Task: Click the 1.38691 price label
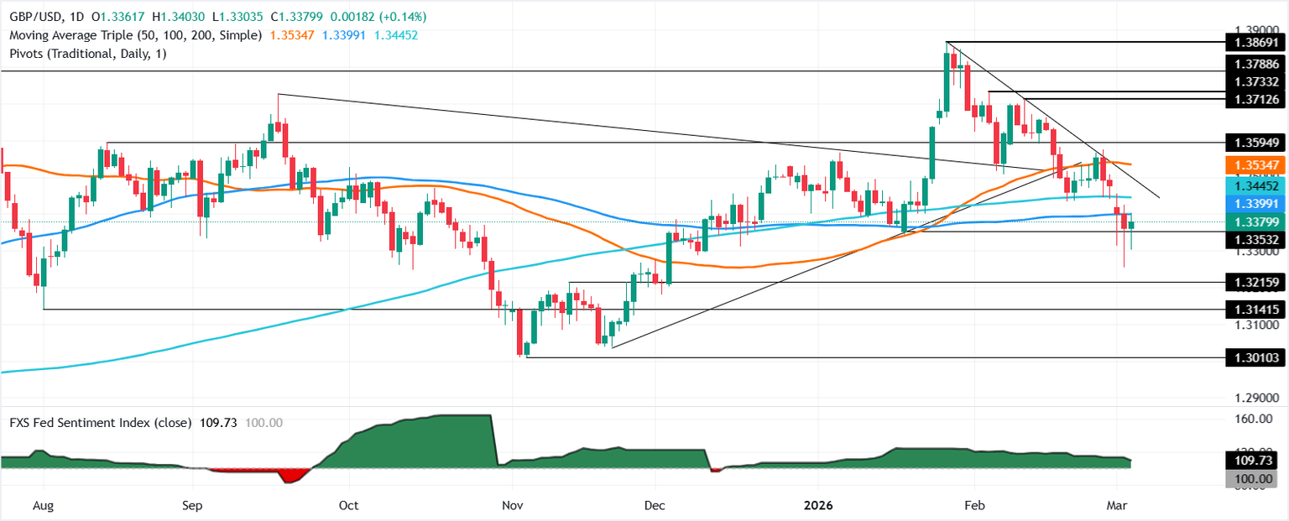point(1255,42)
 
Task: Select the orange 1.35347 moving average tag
point(1255,164)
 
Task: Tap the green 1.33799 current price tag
point(1255,222)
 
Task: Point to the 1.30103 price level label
point(1255,358)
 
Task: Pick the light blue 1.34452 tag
point(1255,185)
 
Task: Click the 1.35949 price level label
point(1255,143)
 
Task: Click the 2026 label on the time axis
point(819,506)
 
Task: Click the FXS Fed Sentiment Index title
point(97,422)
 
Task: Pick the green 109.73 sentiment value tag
point(1255,461)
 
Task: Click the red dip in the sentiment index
point(293,476)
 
